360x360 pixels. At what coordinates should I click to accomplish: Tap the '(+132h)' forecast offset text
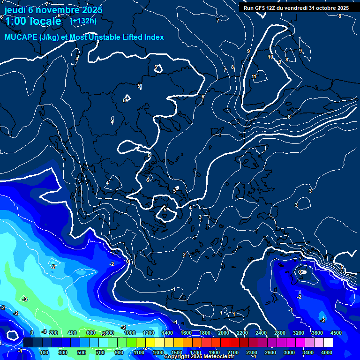tap(83, 21)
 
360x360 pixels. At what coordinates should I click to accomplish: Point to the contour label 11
tap(254, 77)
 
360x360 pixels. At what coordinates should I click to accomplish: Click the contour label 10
tap(270, 57)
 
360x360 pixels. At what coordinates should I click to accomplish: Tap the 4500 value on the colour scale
tap(335, 333)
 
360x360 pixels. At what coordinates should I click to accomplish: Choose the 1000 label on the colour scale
tap(129, 333)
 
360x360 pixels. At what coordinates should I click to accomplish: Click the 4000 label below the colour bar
tap(327, 352)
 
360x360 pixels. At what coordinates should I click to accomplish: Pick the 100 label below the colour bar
tap(45, 352)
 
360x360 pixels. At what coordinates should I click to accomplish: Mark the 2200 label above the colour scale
tap(242, 333)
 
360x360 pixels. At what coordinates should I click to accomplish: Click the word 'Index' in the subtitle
tap(154, 37)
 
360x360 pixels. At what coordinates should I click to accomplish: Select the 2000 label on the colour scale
tap(223, 333)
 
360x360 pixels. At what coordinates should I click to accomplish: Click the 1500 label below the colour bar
tap(176, 352)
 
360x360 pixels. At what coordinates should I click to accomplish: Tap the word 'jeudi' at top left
tap(15, 10)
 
